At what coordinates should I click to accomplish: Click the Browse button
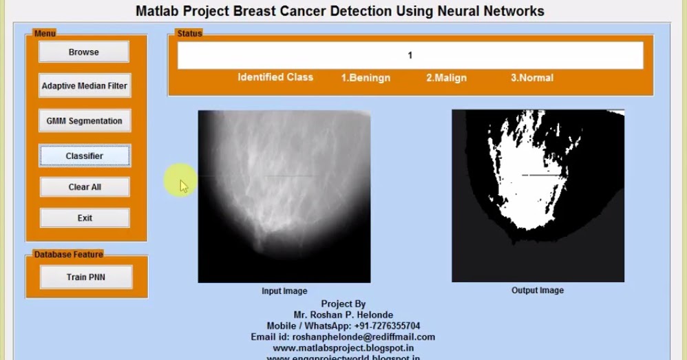click(83, 52)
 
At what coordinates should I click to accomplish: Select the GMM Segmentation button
click(84, 120)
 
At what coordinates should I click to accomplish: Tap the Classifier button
click(84, 156)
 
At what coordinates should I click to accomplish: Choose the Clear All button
click(85, 187)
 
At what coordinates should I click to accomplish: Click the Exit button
click(85, 218)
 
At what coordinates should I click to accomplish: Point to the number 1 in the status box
click(410, 55)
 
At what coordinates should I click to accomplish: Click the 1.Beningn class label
click(366, 78)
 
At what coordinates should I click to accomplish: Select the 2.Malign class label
click(446, 78)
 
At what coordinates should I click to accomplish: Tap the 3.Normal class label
click(531, 78)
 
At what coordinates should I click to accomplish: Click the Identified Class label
click(275, 77)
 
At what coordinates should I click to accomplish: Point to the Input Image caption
click(284, 291)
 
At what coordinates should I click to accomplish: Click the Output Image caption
click(538, 290)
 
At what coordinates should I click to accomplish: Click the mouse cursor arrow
click(183, 185)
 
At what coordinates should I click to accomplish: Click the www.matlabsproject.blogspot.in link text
click(343, 348)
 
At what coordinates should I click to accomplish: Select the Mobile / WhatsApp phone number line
click(343, 326)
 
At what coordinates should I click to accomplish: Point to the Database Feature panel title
click(68, 254)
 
